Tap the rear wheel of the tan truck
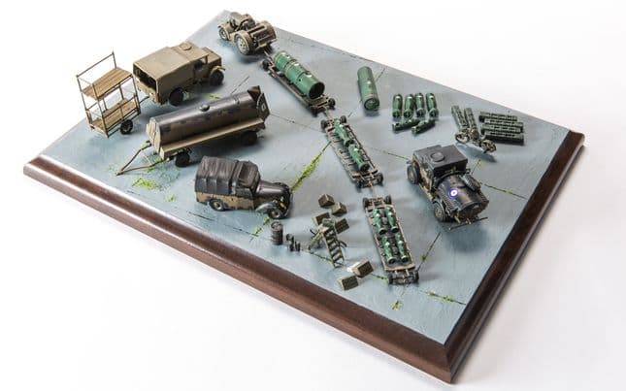pyautogui.click(x=176, y=96)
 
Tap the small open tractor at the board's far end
pyautogui.click(x=247, y=32)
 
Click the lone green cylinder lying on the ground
pyautogui.click(x=369, y=87)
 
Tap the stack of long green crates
pyautogui.click(x=501, y=126)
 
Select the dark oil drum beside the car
pyautogui.click(x=277, y=234)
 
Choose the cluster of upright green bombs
pyautogui.click(x=412, y=111)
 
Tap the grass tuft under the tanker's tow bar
pyautogui.click(x=143, y=181)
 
